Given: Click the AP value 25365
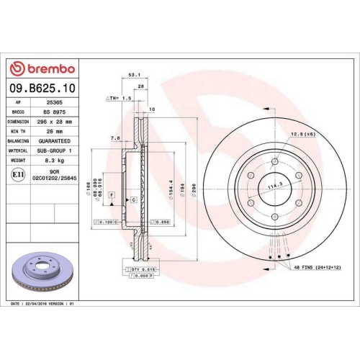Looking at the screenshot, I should [x=55, y=103].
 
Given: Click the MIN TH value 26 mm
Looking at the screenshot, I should [x=55, y=131].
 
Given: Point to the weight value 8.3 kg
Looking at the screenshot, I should [x=55, y=160].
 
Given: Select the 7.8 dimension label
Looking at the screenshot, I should [x=115, y=138].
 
